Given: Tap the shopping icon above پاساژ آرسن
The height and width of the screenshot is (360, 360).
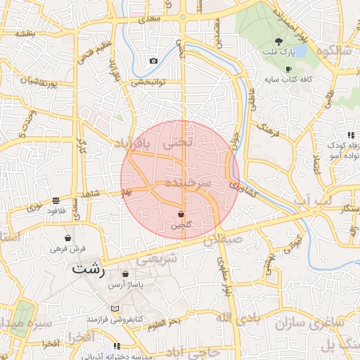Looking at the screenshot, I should coord(125,274).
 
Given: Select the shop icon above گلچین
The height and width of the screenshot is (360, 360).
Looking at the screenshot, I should coord(181,214).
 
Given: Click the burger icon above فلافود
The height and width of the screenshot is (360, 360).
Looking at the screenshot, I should coord(56,200).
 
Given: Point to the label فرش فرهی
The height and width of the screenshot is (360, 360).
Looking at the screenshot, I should coord(67,248).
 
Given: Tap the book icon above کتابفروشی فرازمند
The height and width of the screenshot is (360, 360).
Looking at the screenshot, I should coord(115,309).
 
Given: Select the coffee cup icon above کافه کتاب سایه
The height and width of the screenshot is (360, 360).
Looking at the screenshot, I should coord(289,69).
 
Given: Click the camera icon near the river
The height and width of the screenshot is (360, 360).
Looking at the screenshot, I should coord(153,61).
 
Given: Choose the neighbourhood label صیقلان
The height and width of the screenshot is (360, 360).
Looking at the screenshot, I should coord(224,240).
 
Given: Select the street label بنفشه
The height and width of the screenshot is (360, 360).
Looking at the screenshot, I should coord(25,34).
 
